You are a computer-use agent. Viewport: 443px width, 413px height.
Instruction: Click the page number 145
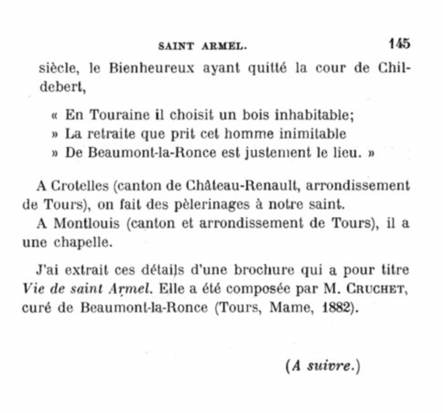pos(399,43)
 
